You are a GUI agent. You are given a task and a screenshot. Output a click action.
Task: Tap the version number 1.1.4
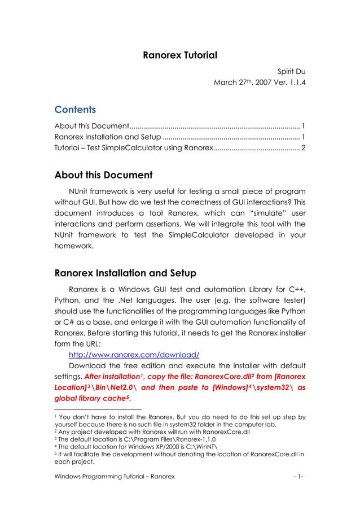[293, 84]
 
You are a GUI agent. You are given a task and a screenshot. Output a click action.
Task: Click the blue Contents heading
[75, 109]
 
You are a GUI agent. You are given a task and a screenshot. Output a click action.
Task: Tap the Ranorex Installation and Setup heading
[125, 274]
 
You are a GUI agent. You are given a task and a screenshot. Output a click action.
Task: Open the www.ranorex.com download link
[134, 355]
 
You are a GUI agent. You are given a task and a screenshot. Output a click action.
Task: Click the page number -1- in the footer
[298, 477]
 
